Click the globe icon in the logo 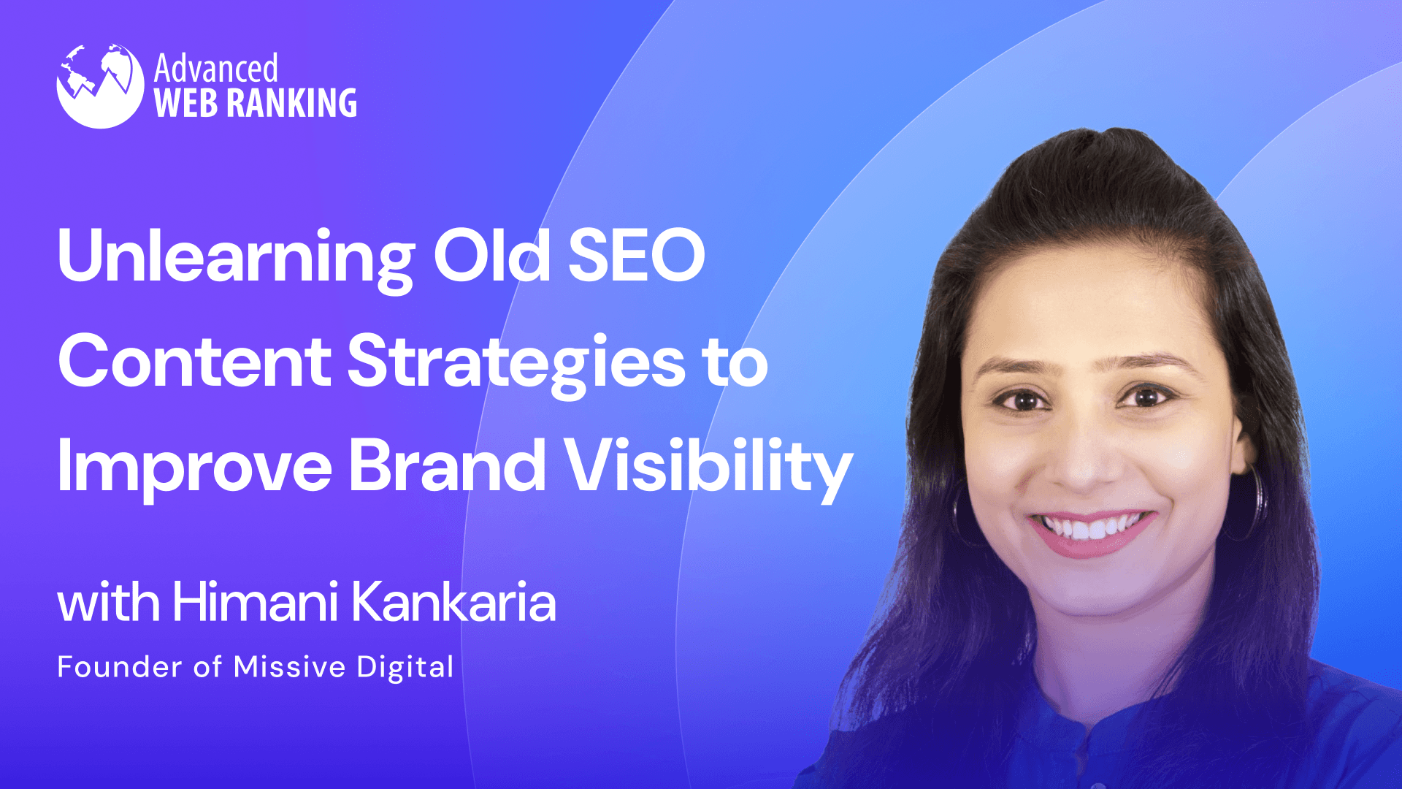coord(100,86)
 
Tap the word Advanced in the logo coord(215,69)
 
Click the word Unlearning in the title coord(236,257)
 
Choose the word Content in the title coord(194,362)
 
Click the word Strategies coord(516,362)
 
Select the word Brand coord(447,466)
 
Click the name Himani coord(255,603)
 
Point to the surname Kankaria coord(453,603)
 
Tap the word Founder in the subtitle coord(120,667)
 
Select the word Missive coord(289,667)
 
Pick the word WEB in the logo coord(186,103)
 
